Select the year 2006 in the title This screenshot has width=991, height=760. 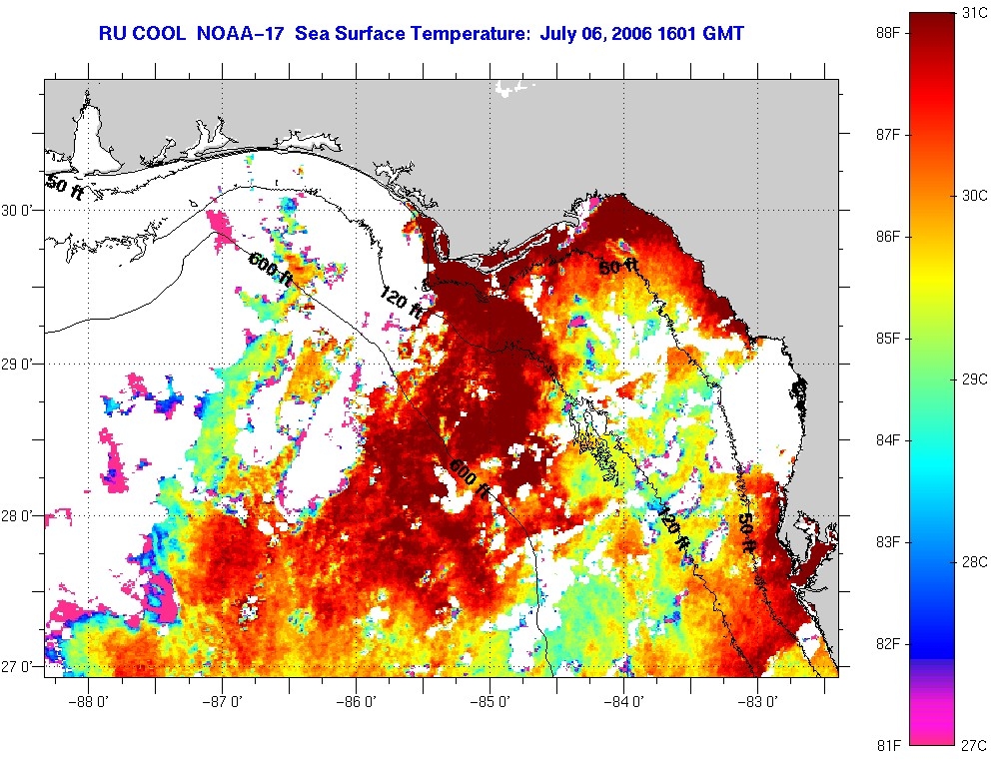638,34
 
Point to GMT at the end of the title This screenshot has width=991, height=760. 723,34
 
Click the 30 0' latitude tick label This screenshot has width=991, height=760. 19,211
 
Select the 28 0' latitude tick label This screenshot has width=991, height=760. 19,517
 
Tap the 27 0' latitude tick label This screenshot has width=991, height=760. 19,666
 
